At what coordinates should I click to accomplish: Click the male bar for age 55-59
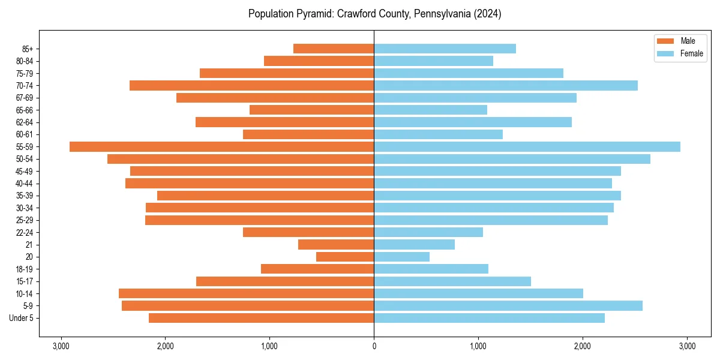click(x=222, y=147)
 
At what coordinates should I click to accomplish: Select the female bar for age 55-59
click(x=527, y=147)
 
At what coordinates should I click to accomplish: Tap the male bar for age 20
click(x=345, y=257)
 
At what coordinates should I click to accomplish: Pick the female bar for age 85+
click(x=445, y=49)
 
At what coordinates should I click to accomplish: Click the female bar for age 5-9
click(x=508, y=306)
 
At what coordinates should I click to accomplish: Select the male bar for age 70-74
click(x=252, y=86)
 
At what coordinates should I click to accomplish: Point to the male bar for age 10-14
click(x=247, y=293)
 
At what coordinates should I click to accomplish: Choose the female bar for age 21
click(x=414, y=245)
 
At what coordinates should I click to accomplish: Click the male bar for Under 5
click(x=262, y=318)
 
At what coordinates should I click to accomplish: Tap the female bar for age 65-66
click(x=430, y=110)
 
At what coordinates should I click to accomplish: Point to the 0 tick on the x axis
click(x=374, y=346)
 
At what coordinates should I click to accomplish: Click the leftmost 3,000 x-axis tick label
click(x=61, y=346)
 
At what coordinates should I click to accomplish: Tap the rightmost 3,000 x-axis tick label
click(x=687, y=346)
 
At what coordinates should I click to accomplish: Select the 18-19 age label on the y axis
click(x=25, y=269)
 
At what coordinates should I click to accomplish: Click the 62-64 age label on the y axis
click(x=25, y=122)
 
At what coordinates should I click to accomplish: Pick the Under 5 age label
click(x=22, y=318)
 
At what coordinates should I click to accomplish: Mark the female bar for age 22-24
click(x=428, y=232)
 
